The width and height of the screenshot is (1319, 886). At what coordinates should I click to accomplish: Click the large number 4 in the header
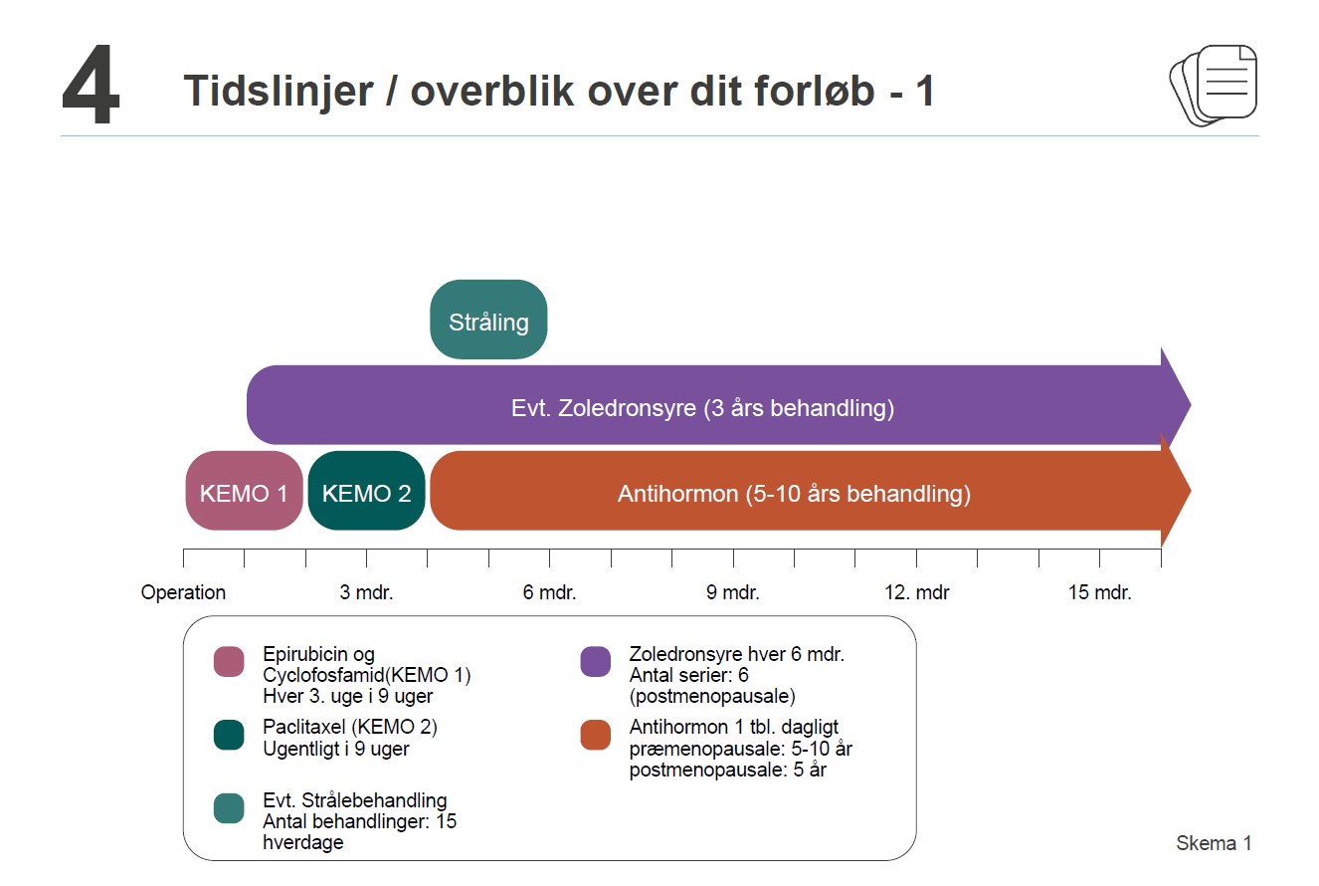pyautogui.click(x=92, y=85)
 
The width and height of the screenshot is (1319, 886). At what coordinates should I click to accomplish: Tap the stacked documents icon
pyautogui.click(x=1213, y=85)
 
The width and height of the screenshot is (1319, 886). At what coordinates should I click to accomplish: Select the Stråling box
pyautogui.click(x=488, y=320)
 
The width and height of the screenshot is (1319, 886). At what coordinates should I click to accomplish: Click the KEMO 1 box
pyautogui.click(x=244, y=491)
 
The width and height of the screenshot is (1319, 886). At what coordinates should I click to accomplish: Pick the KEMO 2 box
pyautogui.click(x=366, y=491)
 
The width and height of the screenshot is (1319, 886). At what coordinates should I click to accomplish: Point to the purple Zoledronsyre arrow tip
pyautogui.click(x=1191, y=405)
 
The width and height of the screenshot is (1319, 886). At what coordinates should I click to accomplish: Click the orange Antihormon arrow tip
pyautogui.click(x=1191, y=491)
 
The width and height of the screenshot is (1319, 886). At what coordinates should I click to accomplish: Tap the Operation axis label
pyautogui.click(x=183, y=592)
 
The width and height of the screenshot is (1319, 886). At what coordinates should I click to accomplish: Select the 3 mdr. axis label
pyautogui.click(x=366, y=592)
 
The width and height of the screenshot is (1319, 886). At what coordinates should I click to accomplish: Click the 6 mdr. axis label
pyautogui.click(x=549, y=592)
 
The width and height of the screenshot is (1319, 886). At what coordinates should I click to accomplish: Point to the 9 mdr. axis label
pyautogui.click(x=733, y=592)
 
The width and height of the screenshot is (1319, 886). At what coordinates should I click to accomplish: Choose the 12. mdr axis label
pyautogui.click(x=917, y=592)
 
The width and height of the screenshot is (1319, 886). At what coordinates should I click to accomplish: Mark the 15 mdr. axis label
pyautogui.click(x=1100, y=592)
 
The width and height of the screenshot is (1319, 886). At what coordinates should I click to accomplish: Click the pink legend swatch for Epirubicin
pyautogui.click(x=229, y=661)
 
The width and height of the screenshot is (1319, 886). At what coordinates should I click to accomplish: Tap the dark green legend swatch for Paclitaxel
pyautogui.click(x=229, y=735)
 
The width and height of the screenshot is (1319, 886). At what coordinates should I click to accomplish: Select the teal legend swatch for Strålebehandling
pyautogui.click(x=229, y=807)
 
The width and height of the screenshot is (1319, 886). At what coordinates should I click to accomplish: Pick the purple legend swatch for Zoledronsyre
pyautogui.click(x=595, y=661)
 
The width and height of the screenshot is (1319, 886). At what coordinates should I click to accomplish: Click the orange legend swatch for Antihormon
pyautogui.click(x=595, y=735)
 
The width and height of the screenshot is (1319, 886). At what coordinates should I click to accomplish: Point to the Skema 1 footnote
pyautogui.click(x=1214, y=843)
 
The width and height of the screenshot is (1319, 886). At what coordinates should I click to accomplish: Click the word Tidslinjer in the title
pyautogui.click(x=279, y=92)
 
